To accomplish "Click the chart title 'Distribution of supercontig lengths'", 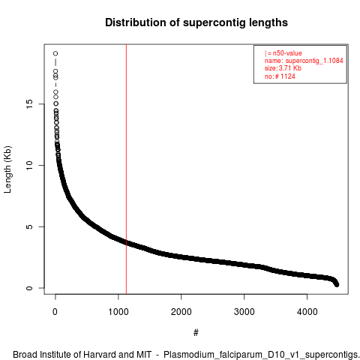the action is tap(196, 22).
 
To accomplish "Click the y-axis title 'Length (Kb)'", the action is tap(8, 169).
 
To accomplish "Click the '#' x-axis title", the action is tap(196, 332).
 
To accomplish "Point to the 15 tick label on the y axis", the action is tap(29, 104).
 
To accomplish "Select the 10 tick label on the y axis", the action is tap(29, 165).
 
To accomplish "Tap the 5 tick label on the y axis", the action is tap(29, 226).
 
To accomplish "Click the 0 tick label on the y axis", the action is tap(29, 288).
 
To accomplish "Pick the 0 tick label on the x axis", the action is tap(55, 312).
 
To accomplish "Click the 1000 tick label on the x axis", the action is tap(118, 312).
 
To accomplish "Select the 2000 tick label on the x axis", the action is tap(181, 312).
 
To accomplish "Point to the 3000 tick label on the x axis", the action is tap(244, 312).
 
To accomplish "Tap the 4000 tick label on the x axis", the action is tap(307, 312).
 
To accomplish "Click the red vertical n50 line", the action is tap(126, 169).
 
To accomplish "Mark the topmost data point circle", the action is tap(55, 53).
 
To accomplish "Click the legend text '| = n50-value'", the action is tap(283, 53).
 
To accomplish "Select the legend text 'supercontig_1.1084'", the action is tap(314, 61).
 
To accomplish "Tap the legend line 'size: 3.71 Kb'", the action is tap(283, 68).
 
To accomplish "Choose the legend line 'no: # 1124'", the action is tap(280, 76).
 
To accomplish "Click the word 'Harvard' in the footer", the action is tap(100, 355).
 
